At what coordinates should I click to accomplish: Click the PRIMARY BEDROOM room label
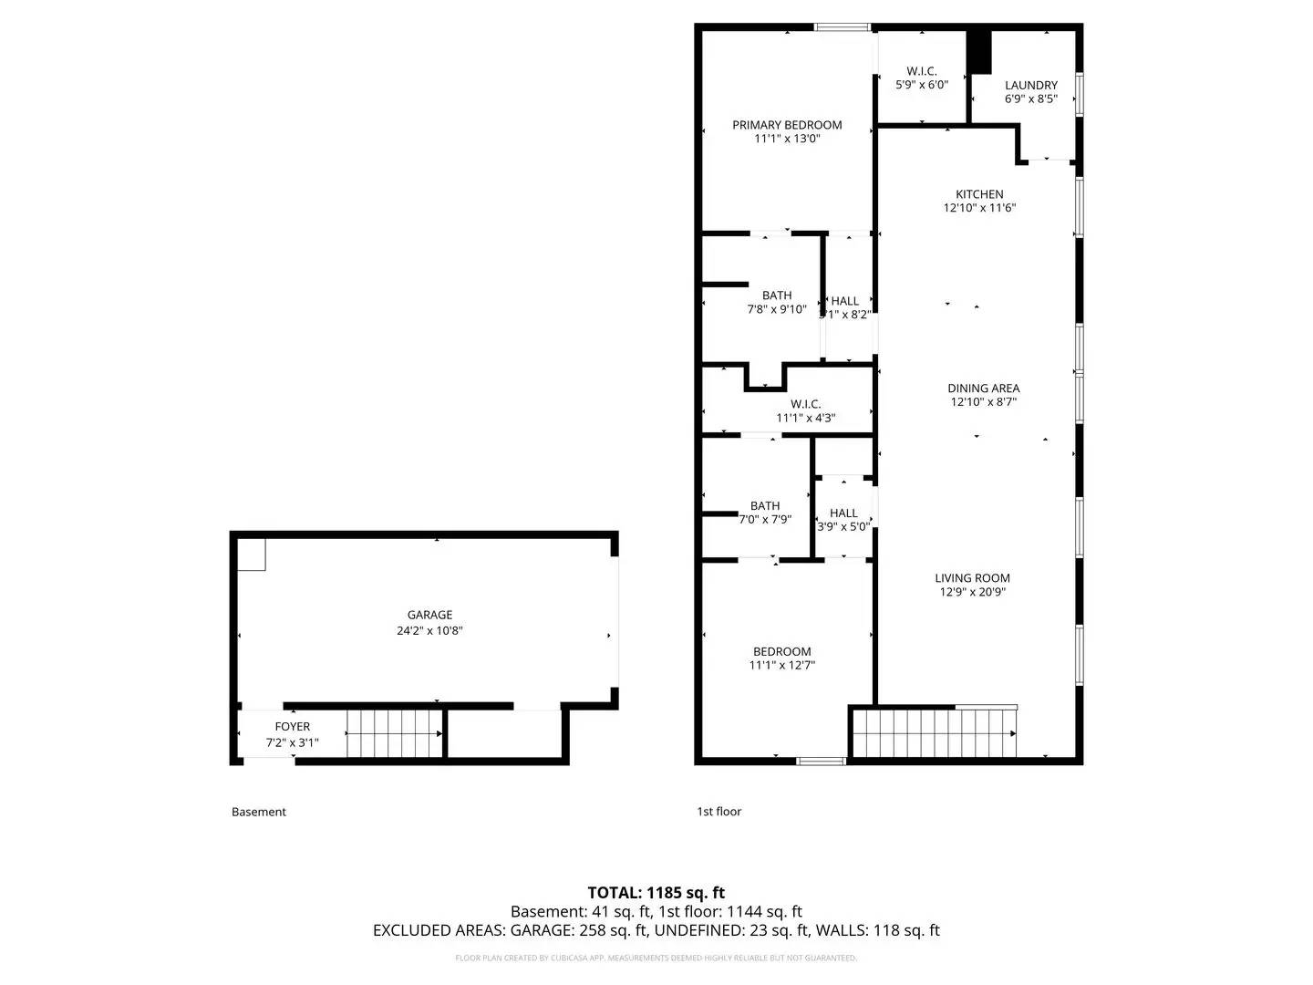click(787, 125)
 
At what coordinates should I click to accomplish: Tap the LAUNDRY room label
click(1030, 85)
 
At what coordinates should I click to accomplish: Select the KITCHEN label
click(979, 194)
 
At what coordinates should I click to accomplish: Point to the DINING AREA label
click(983, 389)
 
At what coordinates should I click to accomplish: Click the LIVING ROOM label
click(972, 577)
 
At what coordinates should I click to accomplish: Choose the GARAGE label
click(429, 615)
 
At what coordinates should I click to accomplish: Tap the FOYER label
click(293, 727)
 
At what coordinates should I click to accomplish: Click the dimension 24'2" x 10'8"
click(429, 630)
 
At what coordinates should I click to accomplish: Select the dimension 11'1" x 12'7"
click(781, 666)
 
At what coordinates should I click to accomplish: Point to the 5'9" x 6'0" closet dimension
click(921, 85)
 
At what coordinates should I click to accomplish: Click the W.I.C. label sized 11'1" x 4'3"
click(805, 404)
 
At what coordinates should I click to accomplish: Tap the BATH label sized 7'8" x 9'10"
click(777, 295)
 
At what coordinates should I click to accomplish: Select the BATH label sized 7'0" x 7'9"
click(765, 506)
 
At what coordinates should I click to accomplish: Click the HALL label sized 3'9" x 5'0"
click(843, 513)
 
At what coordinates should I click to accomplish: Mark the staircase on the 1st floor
click(934, 732)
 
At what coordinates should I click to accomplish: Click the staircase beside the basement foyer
click(394, 733)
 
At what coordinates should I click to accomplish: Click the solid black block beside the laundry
click(978, 53)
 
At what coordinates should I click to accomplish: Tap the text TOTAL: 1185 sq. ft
click(656, 893)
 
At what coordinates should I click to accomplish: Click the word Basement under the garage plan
click(259, 812)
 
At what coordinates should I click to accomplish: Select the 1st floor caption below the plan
click(719, 812)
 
